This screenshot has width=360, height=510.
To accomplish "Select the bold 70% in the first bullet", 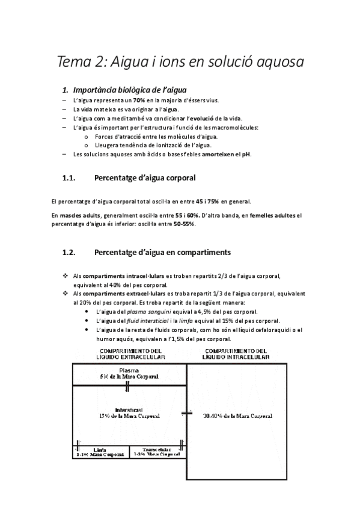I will pyautogui.click(x=139, y=100).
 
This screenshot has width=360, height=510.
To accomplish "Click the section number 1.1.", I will pyautogui.click(x=72, y=178).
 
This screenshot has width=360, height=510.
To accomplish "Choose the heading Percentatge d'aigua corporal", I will pyautogui.click(x=144, y=178).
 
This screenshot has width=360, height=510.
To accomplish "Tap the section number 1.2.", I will pyautogui.click(x=72, y=252).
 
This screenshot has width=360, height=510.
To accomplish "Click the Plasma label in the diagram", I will pyautogui.click(x=130, y=370).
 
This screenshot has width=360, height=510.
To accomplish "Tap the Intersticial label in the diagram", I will pyautogui.click(x=130, y=410).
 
